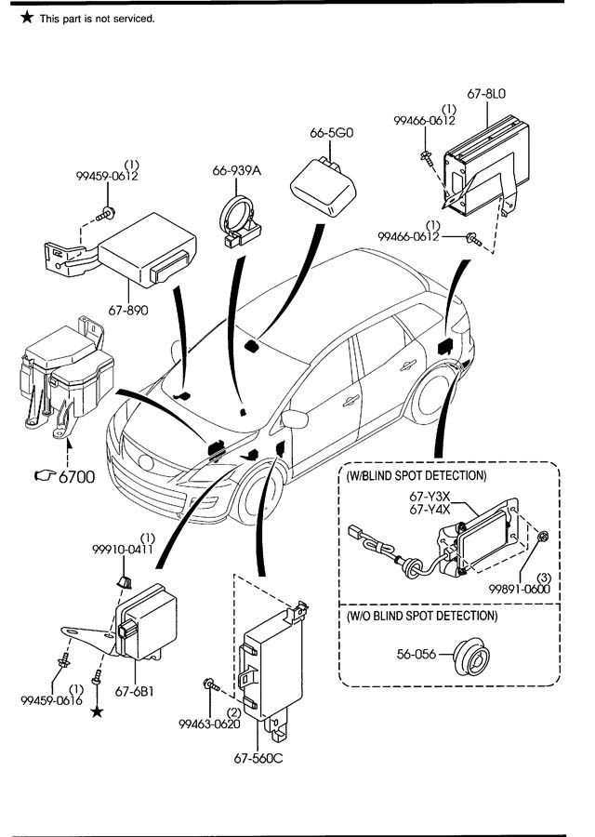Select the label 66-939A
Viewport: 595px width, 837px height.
(x=236, y=170)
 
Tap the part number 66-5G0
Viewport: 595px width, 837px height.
(x=332, y=133)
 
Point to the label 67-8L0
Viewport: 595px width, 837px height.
(x=486, y=94)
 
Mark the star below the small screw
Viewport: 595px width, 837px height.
(x=97, y=711)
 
